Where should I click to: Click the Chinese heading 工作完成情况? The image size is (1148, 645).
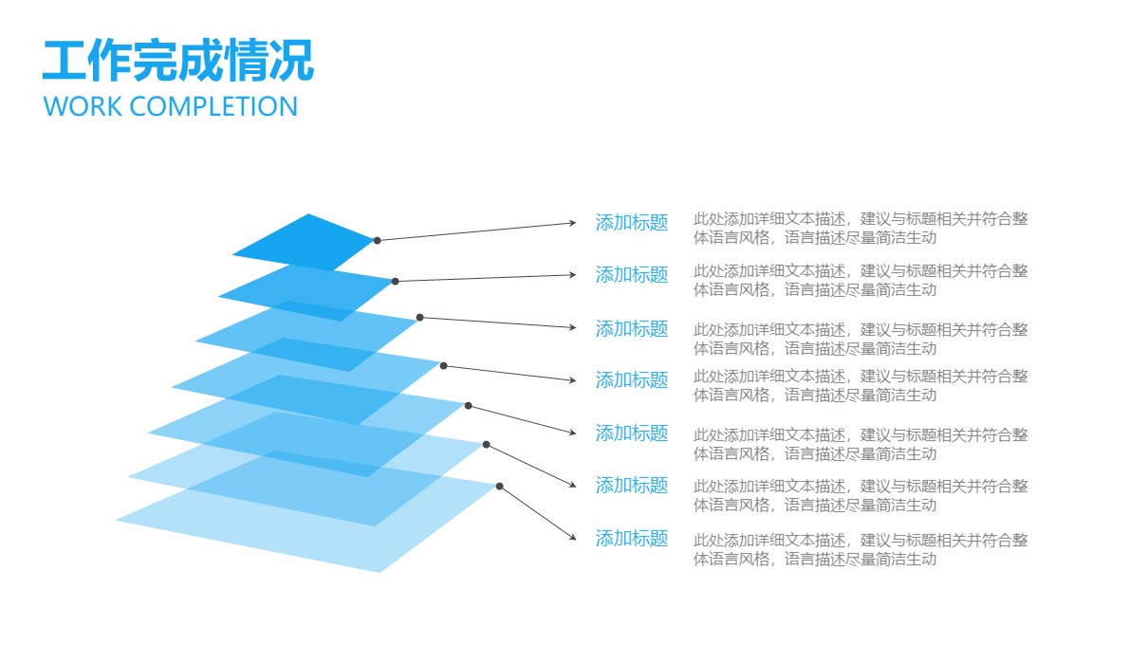click(177, 61)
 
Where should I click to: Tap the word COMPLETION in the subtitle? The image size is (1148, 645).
click(213, 106)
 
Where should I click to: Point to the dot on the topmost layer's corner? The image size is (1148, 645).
click(378, 240)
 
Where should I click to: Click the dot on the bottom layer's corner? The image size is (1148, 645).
click(500, 487)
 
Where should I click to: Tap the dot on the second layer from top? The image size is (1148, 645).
click(395, 282)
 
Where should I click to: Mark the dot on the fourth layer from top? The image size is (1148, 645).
click(444, 366)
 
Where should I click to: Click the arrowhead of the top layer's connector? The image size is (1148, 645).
click(572, 223)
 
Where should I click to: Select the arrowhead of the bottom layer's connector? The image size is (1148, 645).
click(572, 536)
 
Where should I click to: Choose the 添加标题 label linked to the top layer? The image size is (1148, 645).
click(632, 223)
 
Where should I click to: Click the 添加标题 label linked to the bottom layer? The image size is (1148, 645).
click(632, 539)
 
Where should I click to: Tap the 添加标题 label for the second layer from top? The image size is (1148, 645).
click(632, 275)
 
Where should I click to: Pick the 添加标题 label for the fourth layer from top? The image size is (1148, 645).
click(632, 380)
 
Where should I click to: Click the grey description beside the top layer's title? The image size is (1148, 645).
click(861, 228)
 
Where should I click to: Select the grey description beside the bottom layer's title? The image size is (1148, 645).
click(861, 549)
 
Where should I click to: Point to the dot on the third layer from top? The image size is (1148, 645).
click(419, 318)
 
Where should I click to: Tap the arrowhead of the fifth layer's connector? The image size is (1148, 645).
click(572, 433)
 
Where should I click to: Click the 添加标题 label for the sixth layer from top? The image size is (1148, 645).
click(632, 485)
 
